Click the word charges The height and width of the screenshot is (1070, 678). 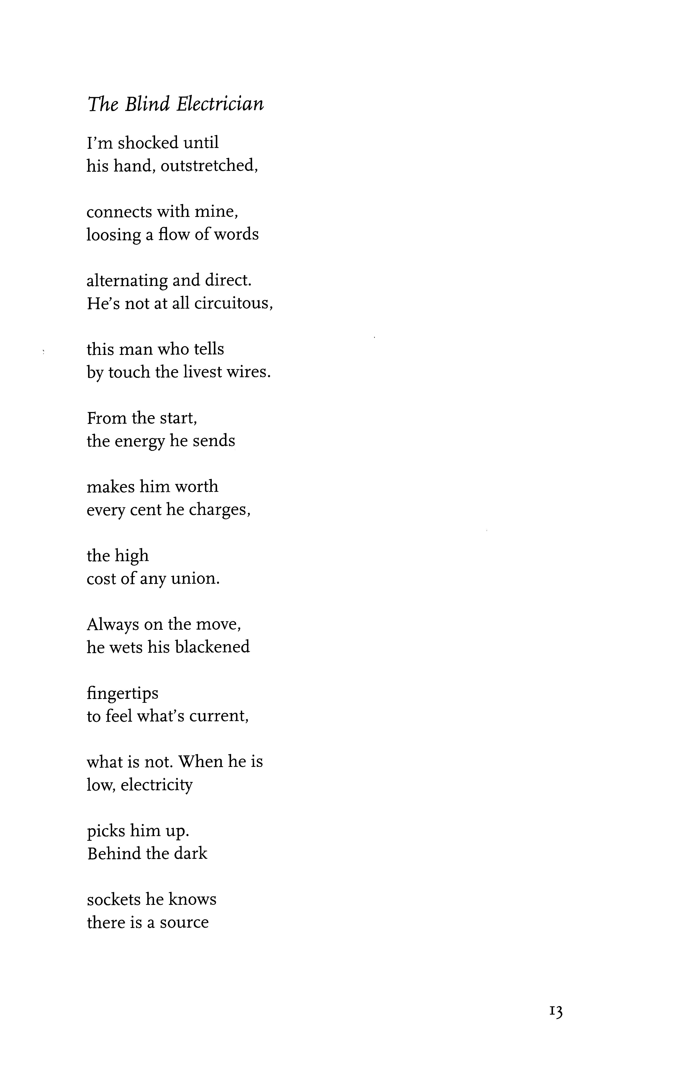(x=219, y=510)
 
